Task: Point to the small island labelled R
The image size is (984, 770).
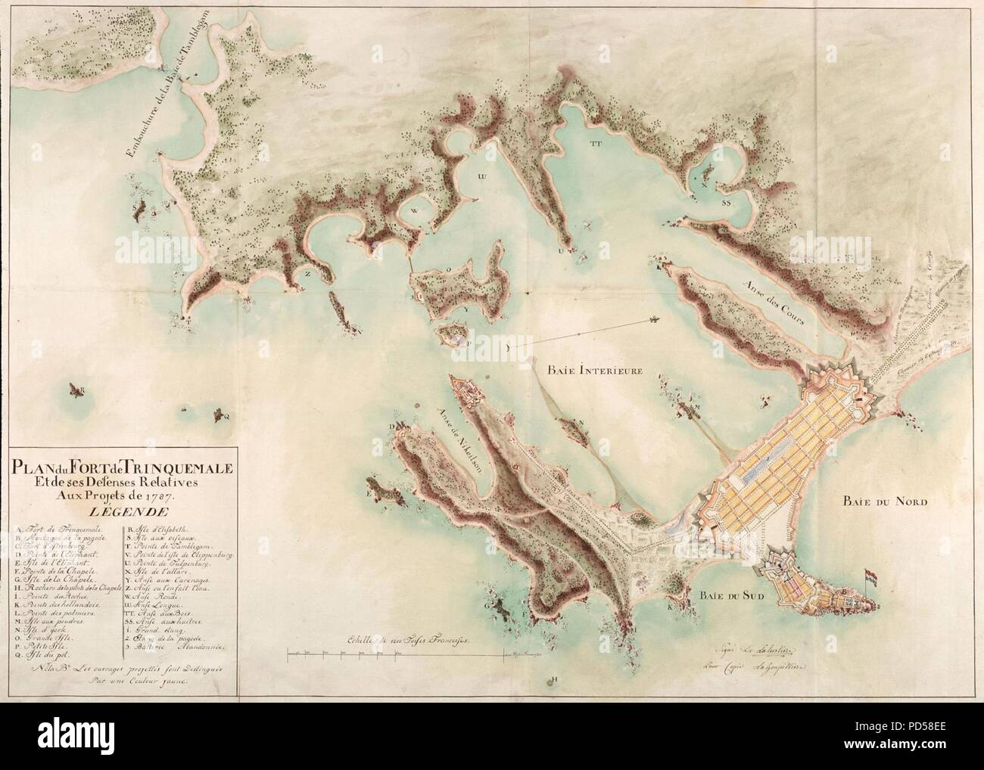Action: click(x=76, y=390)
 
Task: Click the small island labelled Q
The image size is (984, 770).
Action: click(x=222, y=413)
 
